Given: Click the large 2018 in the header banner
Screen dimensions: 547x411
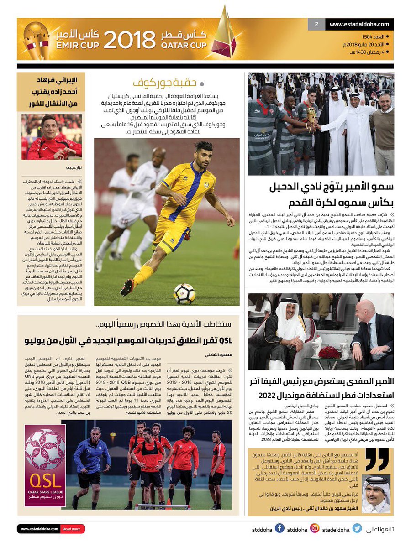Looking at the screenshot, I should [x=129, y=40].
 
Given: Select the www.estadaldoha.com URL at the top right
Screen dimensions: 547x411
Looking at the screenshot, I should [x=359, y=24].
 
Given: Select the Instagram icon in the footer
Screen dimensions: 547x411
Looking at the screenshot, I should [x=315, y=529].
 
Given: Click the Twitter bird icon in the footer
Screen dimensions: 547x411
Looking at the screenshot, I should [x=357, y=529].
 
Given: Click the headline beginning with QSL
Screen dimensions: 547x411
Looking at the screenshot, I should [x=129, y=340].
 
